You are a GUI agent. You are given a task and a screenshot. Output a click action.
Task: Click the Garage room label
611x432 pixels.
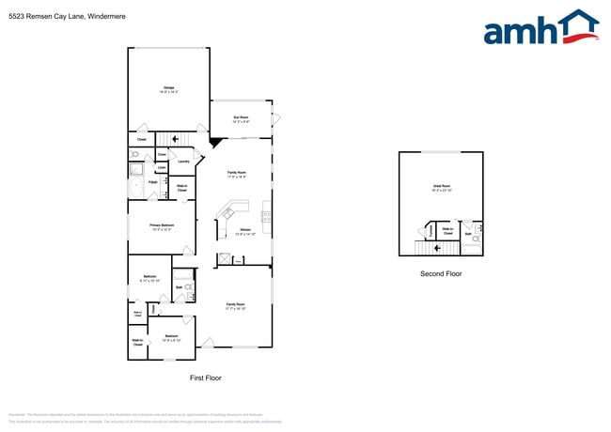tap(167, 90)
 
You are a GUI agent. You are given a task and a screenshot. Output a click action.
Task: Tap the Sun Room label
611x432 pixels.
tap(241, 119)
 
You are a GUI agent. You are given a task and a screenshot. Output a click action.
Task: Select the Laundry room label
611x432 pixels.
tap(183, 162)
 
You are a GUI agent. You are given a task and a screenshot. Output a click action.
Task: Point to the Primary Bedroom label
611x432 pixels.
tap(162, 227)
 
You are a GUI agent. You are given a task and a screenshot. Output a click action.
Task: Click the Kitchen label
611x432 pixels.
tap(245, 231)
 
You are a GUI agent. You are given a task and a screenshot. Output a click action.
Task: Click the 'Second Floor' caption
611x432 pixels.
tap(441, 274)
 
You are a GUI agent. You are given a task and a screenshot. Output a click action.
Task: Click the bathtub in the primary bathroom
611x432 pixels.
tap(137, 170)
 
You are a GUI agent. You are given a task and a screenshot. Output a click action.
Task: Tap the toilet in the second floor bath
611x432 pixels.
tap(477, 239)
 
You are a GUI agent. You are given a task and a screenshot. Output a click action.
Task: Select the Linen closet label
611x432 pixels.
tap(162, 168)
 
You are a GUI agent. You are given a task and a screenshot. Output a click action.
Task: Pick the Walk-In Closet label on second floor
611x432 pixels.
tap(448, 231)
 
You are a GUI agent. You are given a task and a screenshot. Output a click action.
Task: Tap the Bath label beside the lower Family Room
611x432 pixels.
tap(179, 287)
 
